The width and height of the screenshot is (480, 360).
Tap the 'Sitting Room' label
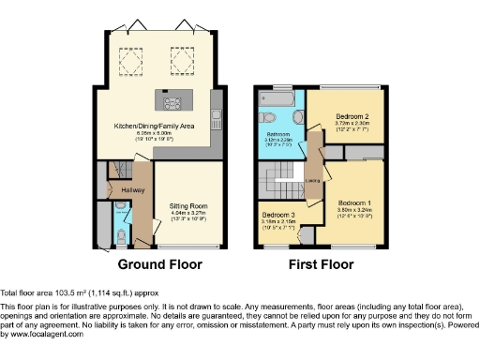point(187,205)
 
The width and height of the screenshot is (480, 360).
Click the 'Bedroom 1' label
point(355,203)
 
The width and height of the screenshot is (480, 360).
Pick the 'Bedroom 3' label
point(278,217)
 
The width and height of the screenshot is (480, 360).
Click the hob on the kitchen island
point(172,104)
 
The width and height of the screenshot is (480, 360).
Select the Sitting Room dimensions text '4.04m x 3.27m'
point(187,214)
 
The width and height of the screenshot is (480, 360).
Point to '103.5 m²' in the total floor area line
point(67,293)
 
